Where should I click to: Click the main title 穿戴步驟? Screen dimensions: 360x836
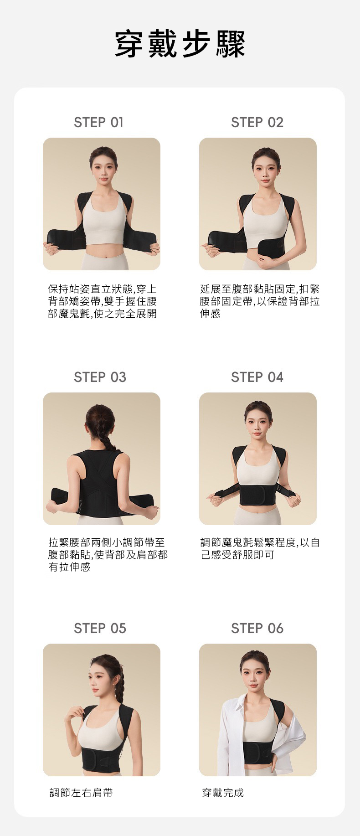click(180, 44)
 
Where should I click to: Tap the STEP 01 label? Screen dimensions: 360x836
click(99, 122)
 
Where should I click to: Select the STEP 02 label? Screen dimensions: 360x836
click(257, 122)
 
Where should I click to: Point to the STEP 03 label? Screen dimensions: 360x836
click(100, 377)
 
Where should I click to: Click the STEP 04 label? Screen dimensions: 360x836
click(257, 377)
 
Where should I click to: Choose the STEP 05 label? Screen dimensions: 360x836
click(100, 628)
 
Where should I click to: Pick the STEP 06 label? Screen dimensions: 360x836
click(257, 628)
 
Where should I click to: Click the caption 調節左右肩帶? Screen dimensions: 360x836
click(81, 793)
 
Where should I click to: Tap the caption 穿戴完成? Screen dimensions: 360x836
click(223, 793)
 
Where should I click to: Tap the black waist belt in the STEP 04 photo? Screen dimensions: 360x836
click(258, 495)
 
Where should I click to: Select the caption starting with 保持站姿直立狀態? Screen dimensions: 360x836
click(102, 301)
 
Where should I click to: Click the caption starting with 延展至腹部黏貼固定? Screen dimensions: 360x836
click(260, 301)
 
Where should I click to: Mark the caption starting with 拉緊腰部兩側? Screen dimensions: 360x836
click(108, 555)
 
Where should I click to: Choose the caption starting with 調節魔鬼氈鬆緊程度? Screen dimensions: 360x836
click(260, 549)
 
